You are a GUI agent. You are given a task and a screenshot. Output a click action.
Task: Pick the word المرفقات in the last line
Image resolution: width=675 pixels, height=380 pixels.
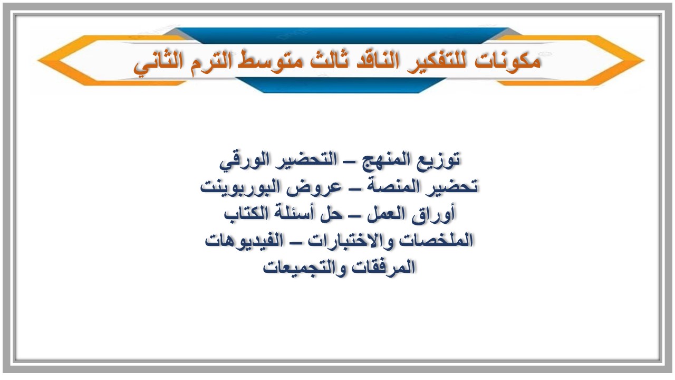coord(383,268)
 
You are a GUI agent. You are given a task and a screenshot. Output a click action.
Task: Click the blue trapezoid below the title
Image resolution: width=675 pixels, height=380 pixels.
coord(337,85)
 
